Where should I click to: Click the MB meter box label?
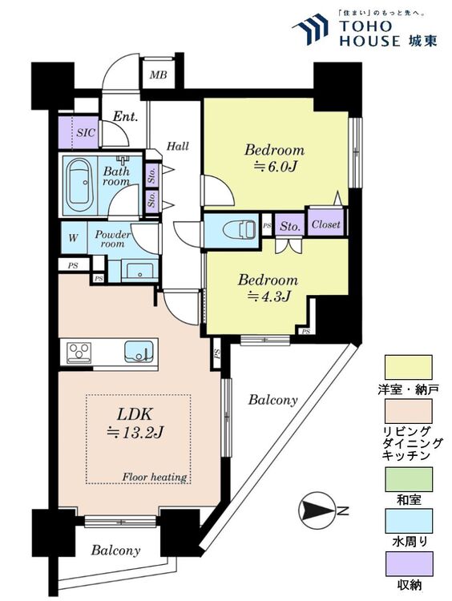(158, 75)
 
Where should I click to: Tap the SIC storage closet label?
(86, 132)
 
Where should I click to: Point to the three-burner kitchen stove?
(79, 352)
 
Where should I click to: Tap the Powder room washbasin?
(139, 271)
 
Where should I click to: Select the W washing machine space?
(74, 238)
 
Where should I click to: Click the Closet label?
(326, 224)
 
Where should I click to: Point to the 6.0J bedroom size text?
(275, 167)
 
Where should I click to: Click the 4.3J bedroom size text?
(268, 296)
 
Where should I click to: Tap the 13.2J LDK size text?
(135, 433)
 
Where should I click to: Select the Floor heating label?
(154, 478)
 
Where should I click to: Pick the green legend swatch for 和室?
(408, 479)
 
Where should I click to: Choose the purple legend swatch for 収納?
(409, 563)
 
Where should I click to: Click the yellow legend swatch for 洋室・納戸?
(408, 367)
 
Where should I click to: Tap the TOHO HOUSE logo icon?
(310, 29)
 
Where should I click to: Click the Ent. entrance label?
(125, 116)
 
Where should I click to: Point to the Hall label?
(178, 146)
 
